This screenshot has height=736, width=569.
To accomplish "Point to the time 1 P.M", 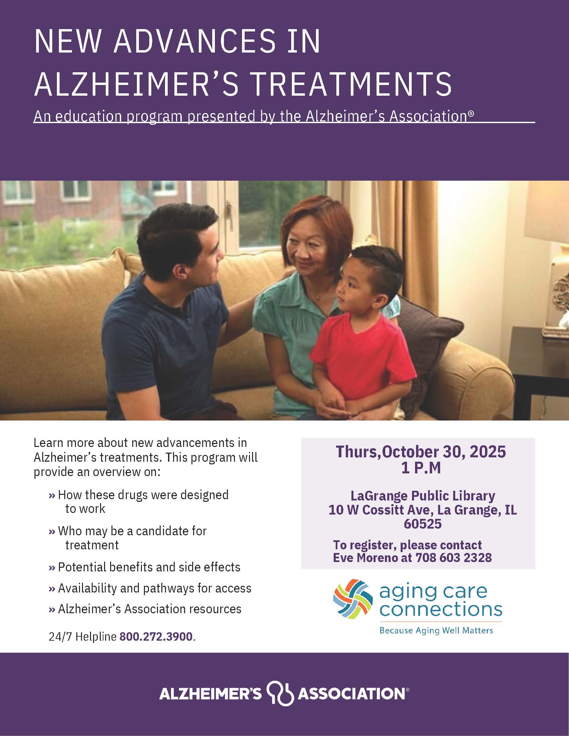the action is pyautogui.click(x=421, y=468).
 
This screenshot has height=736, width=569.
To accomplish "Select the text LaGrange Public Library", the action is pyautogui.click(x=423, y=496).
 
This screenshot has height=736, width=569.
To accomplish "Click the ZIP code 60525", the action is pyautogui.click(x=423, y=524).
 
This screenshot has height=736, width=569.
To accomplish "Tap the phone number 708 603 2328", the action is pyautogui.click(x=454, y=558).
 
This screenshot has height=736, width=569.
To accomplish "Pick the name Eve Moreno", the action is pyautogui.click(x=365, y=558).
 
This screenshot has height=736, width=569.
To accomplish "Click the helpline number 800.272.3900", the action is pyautogui.click(x=156, y=637).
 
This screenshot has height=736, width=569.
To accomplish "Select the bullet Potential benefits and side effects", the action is pyautogui.click(x=149, y=567).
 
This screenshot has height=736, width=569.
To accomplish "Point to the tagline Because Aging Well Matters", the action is pyautogui.click(x=436, y=631).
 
